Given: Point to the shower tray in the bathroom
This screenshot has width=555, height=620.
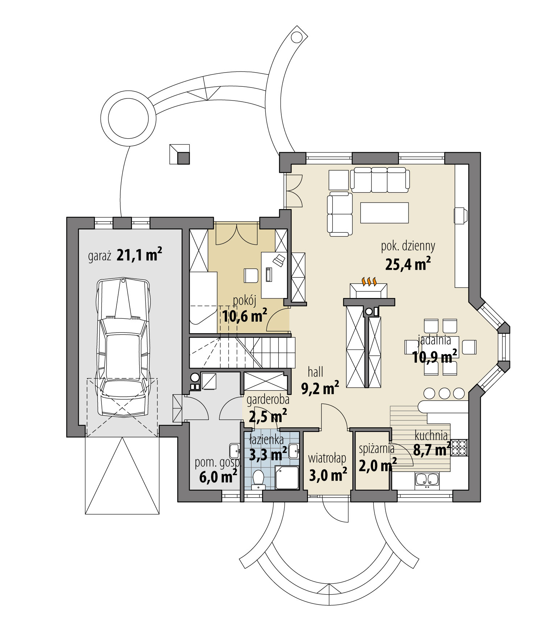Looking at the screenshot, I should click(287, 478).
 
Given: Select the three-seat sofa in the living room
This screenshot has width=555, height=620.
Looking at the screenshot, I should click(380, 180).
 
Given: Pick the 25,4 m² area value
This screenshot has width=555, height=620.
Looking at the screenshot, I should click(407, 264).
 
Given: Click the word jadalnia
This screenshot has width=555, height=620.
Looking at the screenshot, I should click(434, 340).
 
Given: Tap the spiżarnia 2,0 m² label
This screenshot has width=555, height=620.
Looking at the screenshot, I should click(377, 457).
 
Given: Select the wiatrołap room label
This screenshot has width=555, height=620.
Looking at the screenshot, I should click(327, 458).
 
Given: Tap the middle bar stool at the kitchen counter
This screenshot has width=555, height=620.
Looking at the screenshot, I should click(444, 393).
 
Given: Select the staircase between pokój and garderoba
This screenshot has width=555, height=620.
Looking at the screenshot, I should click(241, 352).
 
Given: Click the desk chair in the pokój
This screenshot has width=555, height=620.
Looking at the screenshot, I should click(250, 275).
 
